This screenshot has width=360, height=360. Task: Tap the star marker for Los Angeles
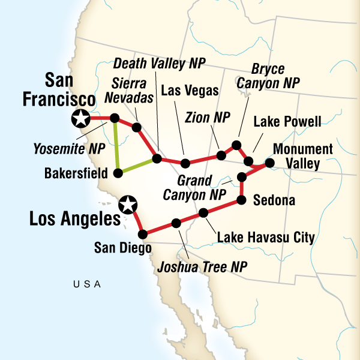pyautogui.click(x=127, y=205)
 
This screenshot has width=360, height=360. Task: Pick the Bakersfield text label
pyautogui.click(x=76, y=174)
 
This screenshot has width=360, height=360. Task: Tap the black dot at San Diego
pyautogui.click(x=143, y=234)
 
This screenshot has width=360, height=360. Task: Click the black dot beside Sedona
pyautogui.click(x=242, y=199)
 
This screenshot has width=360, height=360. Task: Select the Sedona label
pyautogui.click(x=274, y=200)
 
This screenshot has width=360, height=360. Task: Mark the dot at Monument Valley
pyautogui.click(x=269, y=163)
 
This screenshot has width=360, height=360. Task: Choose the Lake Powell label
pyautogui.click(x=287, y=122)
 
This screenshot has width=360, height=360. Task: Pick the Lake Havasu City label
pyautogui.click(x=266, y=238)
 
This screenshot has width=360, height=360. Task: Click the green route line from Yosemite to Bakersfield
pyautogui.click(x=116, y=146)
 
